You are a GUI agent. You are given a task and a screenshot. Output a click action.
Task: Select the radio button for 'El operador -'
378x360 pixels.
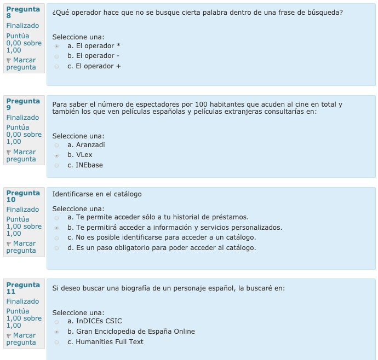[56, 56]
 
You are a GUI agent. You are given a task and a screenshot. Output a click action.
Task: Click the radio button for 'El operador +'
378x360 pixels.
[56, 67]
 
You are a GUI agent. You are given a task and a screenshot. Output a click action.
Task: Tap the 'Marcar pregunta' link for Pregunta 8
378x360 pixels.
[21, 63]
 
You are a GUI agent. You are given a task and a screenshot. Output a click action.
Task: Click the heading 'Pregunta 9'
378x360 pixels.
[22, 104]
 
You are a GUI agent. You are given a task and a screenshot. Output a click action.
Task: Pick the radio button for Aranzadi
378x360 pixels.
[56, 146]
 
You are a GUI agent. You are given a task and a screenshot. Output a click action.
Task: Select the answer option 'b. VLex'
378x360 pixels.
[80, 155]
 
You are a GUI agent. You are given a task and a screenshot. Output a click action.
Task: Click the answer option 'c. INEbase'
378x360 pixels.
[85, 165]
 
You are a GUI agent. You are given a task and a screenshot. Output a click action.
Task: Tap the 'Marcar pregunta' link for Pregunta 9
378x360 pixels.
[21, 155]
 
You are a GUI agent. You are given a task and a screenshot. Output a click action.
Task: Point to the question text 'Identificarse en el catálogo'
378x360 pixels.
[97, 194]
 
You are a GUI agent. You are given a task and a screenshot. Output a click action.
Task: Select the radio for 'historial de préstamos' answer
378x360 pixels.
[56, 218]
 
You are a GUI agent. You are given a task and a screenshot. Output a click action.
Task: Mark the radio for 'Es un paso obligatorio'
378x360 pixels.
[56, 248]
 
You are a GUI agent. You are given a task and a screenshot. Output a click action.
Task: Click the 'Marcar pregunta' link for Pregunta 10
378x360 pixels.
[21, 247]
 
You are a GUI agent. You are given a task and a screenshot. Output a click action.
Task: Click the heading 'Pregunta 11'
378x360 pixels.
[22, 288]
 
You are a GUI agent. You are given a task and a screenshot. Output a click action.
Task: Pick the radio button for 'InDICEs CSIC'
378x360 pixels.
[56, 322]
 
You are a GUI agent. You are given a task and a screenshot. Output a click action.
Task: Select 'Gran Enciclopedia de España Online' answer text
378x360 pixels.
[131, 332]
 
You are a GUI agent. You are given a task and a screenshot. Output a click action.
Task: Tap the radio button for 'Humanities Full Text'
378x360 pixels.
[56, 342]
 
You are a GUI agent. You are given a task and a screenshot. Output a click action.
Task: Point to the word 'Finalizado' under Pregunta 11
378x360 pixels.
[22, 301]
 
